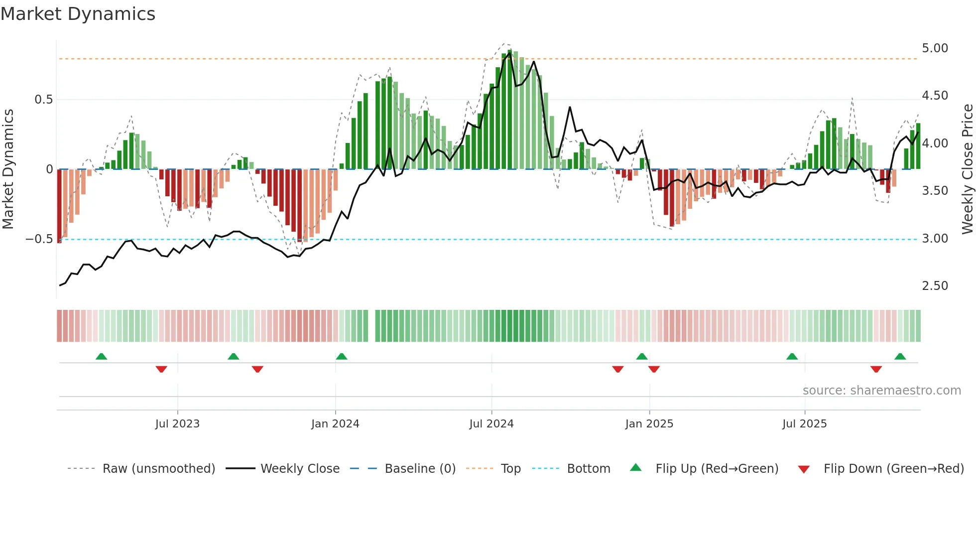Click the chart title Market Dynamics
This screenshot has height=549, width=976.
tap(78, 14)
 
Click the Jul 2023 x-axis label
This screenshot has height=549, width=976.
tap(177, 424)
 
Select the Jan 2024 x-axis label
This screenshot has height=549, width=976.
tap(335, 424)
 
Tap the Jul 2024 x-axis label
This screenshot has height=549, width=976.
tap(491, 424)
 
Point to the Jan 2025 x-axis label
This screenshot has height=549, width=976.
tap(649, 424)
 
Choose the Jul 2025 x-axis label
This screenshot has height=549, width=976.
tap(805, 424)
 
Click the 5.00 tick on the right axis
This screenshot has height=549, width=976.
tap(935, 48)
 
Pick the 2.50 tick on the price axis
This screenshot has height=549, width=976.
tap(935, 286)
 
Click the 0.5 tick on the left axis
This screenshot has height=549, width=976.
tap(43, 100)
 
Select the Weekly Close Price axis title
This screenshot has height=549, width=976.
tap(968, 169)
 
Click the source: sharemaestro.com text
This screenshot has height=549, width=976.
tap(881, 391)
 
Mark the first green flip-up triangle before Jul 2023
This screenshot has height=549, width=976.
tap(101, 356)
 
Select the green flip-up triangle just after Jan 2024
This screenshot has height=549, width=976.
tap(342, 356)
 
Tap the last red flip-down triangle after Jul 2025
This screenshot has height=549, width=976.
tap(876, 369)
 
